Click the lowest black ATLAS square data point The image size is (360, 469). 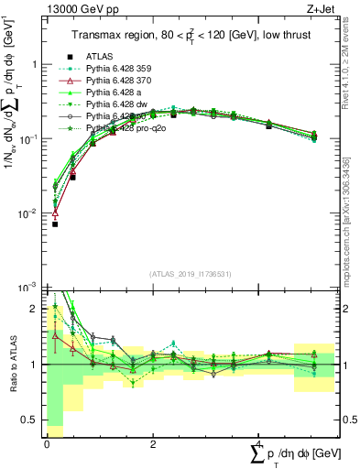click(x=55, y=224)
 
